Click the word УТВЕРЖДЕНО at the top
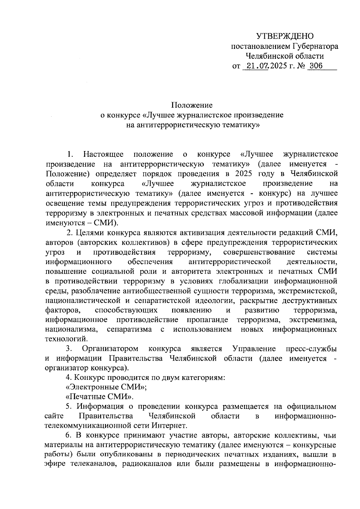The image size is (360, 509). (285, 37)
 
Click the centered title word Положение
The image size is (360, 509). (192, 105)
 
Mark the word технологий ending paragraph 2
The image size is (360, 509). (67, 339)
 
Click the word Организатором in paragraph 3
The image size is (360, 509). (110, 349)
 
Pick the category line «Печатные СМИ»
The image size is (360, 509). (99, 397)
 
